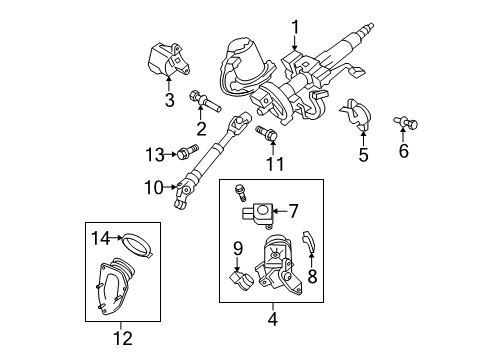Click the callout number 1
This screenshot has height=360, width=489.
[295, 27]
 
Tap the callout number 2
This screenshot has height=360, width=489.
[201, 127]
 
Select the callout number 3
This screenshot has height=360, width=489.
[170, 99]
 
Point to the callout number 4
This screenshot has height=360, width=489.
[271, 321]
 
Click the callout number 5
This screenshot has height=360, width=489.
[363, 155]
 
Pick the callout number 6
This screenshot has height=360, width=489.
[403, 151]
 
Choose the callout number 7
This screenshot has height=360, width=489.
[293, 211]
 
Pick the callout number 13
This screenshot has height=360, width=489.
[153, 153]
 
